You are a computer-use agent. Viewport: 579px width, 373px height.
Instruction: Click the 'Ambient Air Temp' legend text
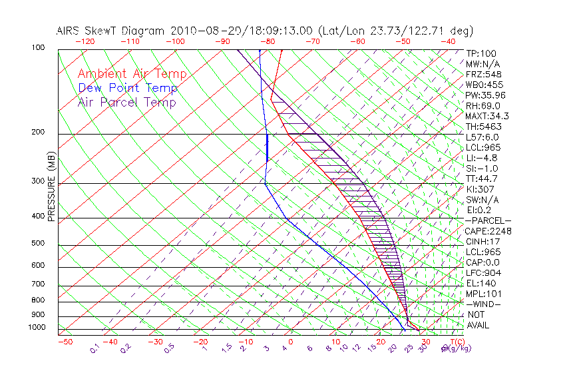click(132, 74)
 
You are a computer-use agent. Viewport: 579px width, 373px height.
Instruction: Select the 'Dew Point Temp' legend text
click(127, 88)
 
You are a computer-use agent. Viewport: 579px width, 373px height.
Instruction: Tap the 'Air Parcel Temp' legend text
click(126, 102)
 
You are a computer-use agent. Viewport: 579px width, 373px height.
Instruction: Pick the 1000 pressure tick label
click(37, 327)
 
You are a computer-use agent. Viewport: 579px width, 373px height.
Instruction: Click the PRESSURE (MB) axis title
click(52, 186)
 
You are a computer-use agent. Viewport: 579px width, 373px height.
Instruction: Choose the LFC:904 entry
click(482, 273)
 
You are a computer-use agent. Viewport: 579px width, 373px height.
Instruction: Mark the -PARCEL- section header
click(488, 220)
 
